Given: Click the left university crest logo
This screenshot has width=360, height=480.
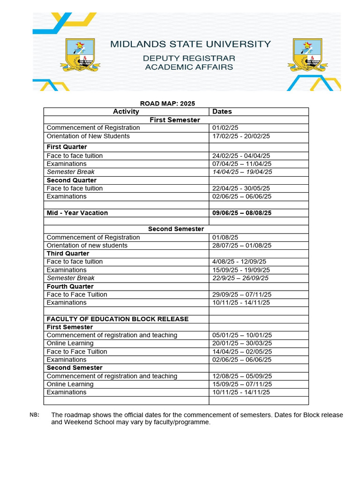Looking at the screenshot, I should (x=80, y=55).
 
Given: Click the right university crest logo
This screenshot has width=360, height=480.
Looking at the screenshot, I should (x=307, y=55).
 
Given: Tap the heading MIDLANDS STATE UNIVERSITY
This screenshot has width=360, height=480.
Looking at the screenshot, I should (x=190, y=45).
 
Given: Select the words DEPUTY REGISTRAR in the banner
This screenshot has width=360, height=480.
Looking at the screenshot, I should (x=189, y=59).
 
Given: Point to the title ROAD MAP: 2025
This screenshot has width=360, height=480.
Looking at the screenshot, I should (x=167, y=104).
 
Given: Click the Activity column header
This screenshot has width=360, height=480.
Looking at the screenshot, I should (x=126, y=112).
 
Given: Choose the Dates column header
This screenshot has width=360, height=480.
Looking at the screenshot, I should (x=222, y=112).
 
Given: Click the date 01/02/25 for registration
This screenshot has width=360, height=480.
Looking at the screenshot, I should (x=225, y=128).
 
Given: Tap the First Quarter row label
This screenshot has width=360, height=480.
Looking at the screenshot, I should (x=67, y=147).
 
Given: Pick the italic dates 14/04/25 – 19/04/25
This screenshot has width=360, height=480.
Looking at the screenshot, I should (x=242, y=172).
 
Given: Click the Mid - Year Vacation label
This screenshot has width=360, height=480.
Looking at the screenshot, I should (x=77, y=213).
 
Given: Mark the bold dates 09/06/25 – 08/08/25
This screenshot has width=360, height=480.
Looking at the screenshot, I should (x=242, y=213).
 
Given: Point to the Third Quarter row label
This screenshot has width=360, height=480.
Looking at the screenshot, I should (x=68, y=254).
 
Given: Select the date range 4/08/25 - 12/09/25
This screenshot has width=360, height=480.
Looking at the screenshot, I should (x=239, y=262).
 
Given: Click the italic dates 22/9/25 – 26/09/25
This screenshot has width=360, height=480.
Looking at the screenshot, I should (x=240, y=278).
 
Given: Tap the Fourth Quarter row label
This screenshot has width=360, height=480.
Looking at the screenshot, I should (x=70, y=286).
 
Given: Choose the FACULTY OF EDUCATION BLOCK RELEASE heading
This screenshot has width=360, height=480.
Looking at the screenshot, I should (x=118, y=319).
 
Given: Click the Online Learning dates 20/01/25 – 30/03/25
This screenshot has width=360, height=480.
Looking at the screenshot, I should (x=241, y=344).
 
